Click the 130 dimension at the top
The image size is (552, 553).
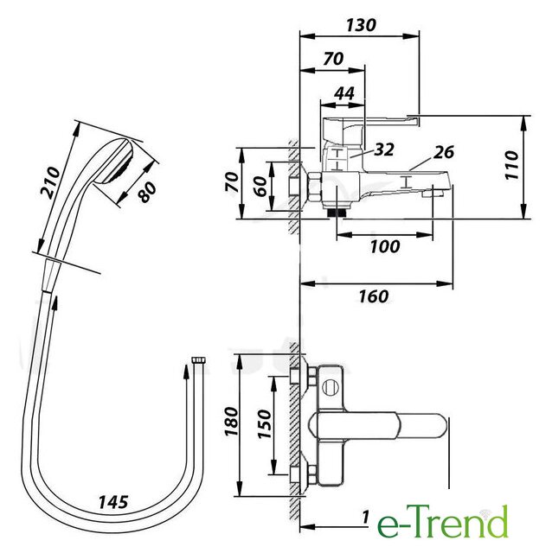[361, 25]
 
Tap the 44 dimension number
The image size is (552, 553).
[344, 93]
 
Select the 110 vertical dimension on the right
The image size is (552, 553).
[511, 165]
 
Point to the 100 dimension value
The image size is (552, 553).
[385, 246]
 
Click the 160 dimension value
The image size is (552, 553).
[374, 296]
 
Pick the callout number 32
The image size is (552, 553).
[384, 149]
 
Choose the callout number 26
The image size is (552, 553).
[444, 152]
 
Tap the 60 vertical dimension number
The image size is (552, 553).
[260, 187]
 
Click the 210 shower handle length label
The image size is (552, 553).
[50, 182]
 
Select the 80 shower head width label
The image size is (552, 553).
[147, 192]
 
